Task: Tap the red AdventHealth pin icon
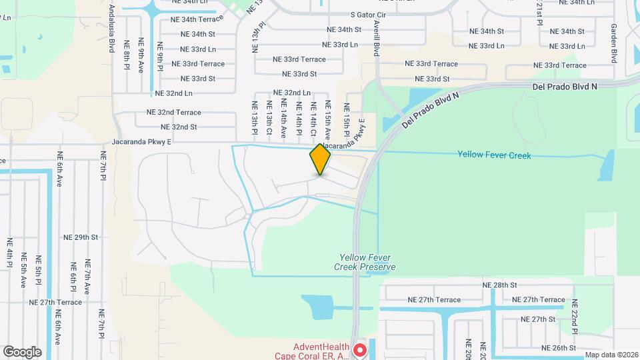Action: [x=360, y=349]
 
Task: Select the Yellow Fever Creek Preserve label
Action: [x=367, y=262]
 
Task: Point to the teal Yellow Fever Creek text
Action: [x=494, y=155]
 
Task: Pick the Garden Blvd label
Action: [x=614, y=43]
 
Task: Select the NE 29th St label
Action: [x=81, y=237]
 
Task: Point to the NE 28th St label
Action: [x=500, y=285]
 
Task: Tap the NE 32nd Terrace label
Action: [x=169, y=113]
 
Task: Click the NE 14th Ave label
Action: [x=283, y=118]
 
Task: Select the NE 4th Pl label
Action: [x=10, y=253]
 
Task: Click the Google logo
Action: [x=22, y=351]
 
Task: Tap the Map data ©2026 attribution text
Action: [x=611, y=355]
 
